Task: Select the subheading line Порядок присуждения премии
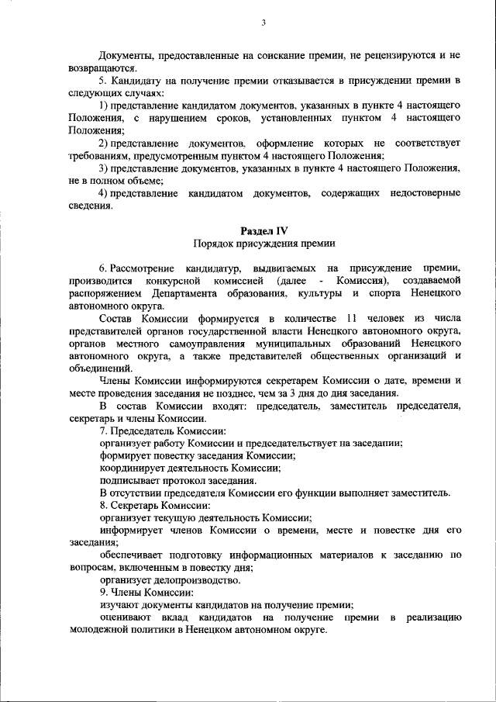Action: (263, 244)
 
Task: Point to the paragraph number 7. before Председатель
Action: (104, 431)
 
